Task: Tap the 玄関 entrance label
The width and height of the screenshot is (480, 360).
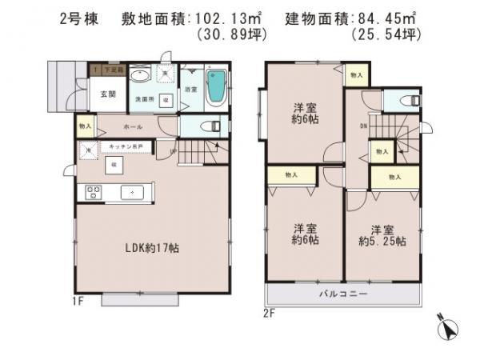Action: [x=108, y=94]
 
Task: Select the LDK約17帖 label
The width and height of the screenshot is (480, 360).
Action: [x=152, y=248]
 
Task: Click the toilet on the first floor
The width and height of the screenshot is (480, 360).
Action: [x=210, y=126]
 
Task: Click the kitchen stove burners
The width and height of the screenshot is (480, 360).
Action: [x=93, y=192]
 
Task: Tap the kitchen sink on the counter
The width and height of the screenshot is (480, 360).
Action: [x=132, y=192]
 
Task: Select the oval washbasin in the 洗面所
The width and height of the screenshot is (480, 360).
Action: [x=140, y=75]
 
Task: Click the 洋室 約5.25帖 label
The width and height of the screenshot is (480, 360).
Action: [x=382, y=234]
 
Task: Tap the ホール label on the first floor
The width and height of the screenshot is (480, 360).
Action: [x=133, y=126]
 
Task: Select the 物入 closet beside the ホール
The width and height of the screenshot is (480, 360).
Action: [x=85, y=126]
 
